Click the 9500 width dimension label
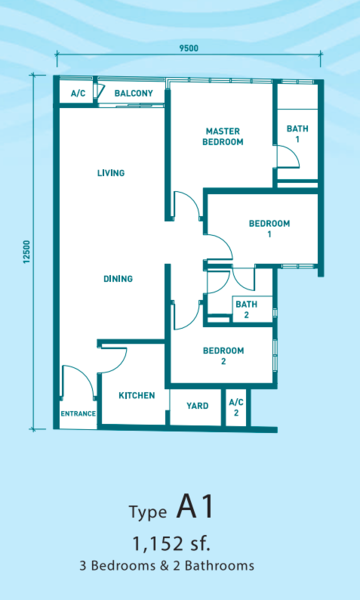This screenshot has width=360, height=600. (x=189, y=48)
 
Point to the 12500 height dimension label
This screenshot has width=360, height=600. (x=26, y=252)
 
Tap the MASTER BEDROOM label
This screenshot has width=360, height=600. (x=223, y=137)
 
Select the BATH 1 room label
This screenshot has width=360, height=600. (x=297, y=134)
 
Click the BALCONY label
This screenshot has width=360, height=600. (x=134, y=93)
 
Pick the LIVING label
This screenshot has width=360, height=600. (x=111, y=173)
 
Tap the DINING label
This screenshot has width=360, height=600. (x=118, y=279)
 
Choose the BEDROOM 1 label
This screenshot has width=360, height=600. (x=269, y=228)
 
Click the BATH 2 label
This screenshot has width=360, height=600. (x=246, y=310)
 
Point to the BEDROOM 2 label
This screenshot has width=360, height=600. (x=223, y=355)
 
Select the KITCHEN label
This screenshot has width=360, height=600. (x=136, y=395)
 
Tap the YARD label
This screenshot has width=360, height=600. (x=197, y=406)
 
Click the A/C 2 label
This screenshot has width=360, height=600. (x=236, y=408)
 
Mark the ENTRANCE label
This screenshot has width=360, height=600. (x=78, y=414)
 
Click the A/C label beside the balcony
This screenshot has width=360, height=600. (x=78, y=93)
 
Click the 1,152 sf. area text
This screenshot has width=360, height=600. (x=171, y=544)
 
